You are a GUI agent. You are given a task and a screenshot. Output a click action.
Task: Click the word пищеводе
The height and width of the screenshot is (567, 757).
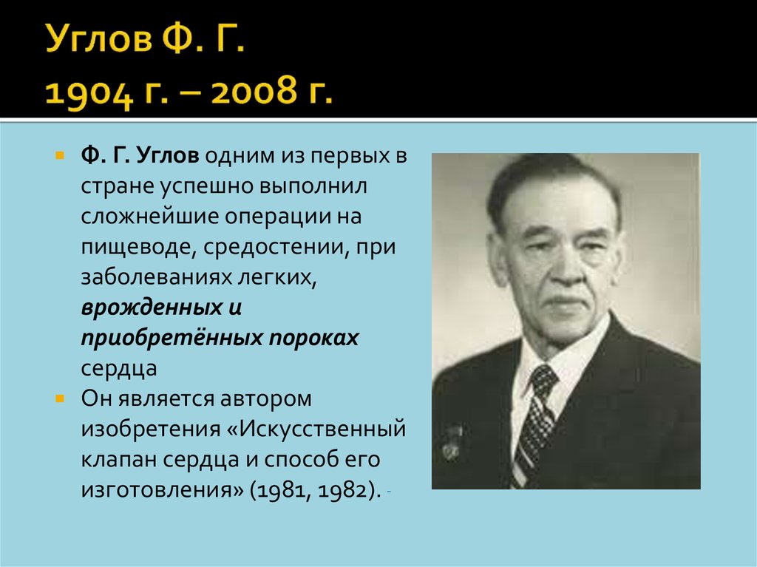[136, 248]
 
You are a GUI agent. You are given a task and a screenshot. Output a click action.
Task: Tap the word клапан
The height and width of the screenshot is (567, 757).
[118, 459]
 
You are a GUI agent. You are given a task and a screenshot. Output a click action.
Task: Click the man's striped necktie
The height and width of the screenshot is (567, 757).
[537, 421]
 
